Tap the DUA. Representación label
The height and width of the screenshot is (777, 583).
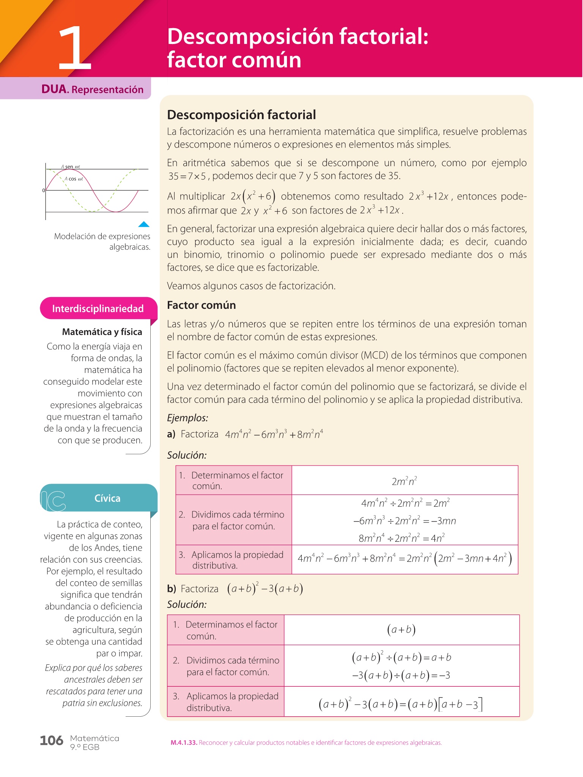92,90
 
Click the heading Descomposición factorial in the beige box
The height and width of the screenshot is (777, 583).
241,115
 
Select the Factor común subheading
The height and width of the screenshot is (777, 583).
201,305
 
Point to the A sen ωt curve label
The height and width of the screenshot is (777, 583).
71,167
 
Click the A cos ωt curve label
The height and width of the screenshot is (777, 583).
74,179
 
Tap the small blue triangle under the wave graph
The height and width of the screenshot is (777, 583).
144,224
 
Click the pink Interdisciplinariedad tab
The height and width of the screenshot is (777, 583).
98,308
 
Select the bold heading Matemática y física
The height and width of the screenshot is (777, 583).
102,332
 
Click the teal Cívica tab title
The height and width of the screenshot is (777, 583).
107,498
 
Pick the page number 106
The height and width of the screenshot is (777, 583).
51,740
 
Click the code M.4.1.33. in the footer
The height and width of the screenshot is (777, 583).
184,743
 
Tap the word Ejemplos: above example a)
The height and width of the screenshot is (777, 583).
188,418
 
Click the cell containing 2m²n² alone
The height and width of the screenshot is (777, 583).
405,481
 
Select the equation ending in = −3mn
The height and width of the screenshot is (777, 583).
405,521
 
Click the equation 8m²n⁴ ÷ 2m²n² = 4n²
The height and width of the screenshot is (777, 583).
402,538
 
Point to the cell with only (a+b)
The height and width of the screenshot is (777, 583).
401,630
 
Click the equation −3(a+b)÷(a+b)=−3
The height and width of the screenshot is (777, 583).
401,675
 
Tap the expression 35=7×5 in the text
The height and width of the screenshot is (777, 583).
187,176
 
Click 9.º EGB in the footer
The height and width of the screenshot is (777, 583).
85,747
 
